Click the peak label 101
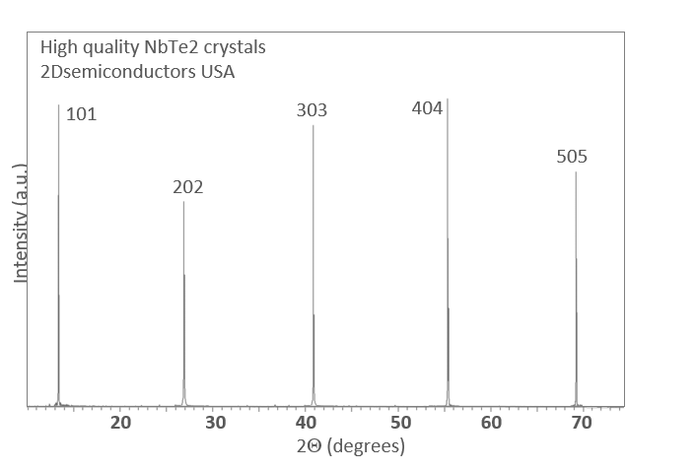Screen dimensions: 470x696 (x=81, y=115)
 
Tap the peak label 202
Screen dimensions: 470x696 (x=187, y=186)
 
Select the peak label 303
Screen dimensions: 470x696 (x=312, y=110)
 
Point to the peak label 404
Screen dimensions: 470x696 (x=427, y=108)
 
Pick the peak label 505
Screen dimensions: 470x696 (x=572, y=157)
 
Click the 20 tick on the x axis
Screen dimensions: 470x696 (x=121, y=423)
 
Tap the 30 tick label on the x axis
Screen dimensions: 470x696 (x=215, y=423)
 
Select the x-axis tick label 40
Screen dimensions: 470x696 (x=308, y=423)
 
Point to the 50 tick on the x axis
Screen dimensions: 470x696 (x=400, y=423)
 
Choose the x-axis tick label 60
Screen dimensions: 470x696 (x=492, y=423)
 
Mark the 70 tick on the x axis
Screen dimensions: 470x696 (x=582, y=423)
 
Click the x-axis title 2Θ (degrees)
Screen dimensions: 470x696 (x=350, y=446)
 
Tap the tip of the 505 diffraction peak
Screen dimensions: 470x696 (x=576, y=172)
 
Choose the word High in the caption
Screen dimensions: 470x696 (x=57, y=47)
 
